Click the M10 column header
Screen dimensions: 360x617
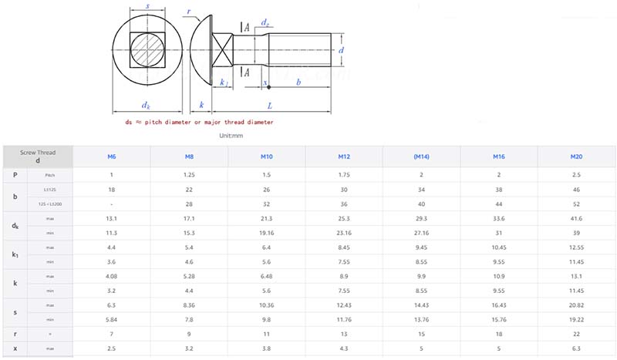pyautogui.click(x=267, y=156)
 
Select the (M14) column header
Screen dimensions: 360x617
pyautogui.click(x=421, y=156)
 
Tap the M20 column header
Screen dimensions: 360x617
pyautogui.click(x=576, y=156)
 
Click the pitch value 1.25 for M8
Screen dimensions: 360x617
pyautogui.click(x=190, y=175)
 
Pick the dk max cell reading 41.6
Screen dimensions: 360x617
pyautogui.click(x=576, y=219)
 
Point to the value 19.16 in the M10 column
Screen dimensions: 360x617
pyautogui.click(x=267, y=232)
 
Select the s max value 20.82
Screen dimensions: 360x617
pyautogui.click(x=576, y=306)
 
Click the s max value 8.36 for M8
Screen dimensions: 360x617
pyautogui.click(x=190, y=306)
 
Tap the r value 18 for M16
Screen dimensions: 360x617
pyautogui.click(x=499, y=335)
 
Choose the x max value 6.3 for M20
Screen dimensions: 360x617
pyautogui.click(x=576, y=349)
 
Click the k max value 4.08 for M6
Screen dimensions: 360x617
pyautogui.click(x=112, y=276)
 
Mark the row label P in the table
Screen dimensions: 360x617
pyautogui.click(x=15, y=175)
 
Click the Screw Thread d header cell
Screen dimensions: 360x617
pyautogui.click(x=38, y=156)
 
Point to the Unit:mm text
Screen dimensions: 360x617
pyautogui.click(x=231, y=136)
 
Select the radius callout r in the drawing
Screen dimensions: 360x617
pyautogui.click(x=188, y=13)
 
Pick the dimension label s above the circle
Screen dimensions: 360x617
pyautogui.click(x=147, y=7)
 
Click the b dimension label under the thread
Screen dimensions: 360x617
pyautogui.click(x=298, y=81)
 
